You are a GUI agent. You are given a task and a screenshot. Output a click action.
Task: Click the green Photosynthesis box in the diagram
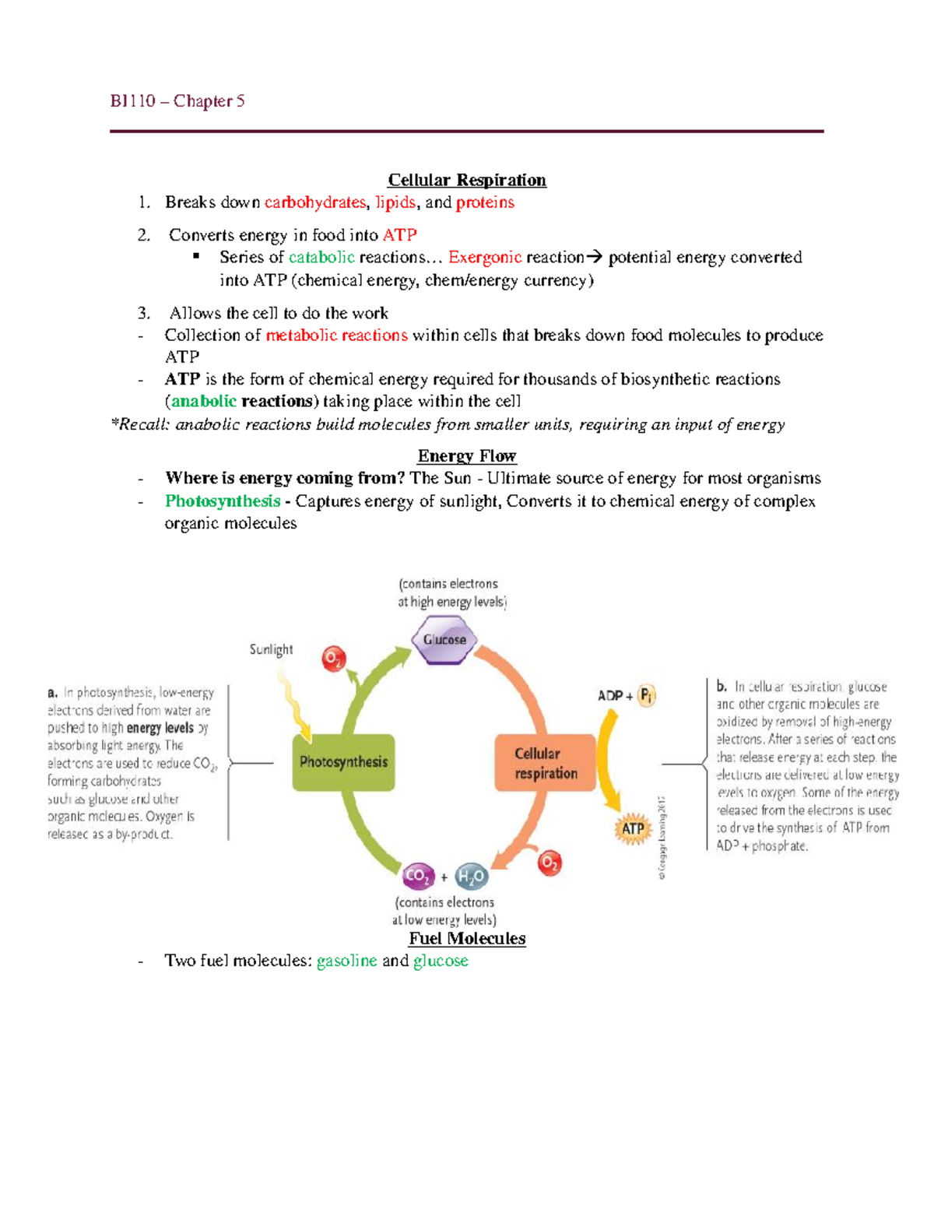(343, 762)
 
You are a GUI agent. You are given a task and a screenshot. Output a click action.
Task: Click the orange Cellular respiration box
(545, 763)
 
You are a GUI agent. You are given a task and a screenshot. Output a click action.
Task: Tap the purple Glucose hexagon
(444, 640)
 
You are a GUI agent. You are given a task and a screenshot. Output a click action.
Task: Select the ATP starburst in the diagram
(633, 828)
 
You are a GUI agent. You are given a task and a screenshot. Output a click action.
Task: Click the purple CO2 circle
(418, 876)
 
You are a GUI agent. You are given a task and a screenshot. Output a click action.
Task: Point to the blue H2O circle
(472, 877)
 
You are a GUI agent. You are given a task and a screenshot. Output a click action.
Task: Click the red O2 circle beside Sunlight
(334, 659)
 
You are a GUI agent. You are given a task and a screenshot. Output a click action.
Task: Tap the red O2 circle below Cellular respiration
(550, 863)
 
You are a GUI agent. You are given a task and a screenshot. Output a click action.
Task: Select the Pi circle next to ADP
(647, 695)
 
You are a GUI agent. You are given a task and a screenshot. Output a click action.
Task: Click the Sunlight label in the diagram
(271, 649)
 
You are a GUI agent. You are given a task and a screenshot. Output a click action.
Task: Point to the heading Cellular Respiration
(467, 180)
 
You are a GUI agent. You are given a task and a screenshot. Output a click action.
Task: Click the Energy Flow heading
(467, 455)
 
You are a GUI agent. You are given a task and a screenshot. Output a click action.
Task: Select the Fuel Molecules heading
(467, 938)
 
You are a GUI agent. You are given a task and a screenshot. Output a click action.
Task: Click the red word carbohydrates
(315, 202)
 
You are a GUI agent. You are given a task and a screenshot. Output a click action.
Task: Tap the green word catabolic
(321, 257)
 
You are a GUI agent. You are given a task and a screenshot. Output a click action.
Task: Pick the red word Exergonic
(485, 257)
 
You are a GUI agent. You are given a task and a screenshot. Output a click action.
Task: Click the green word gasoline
(347, 961)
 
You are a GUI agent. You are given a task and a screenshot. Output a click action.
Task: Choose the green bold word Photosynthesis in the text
(223, 501)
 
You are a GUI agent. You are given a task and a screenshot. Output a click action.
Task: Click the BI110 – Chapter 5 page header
(177, 101)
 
